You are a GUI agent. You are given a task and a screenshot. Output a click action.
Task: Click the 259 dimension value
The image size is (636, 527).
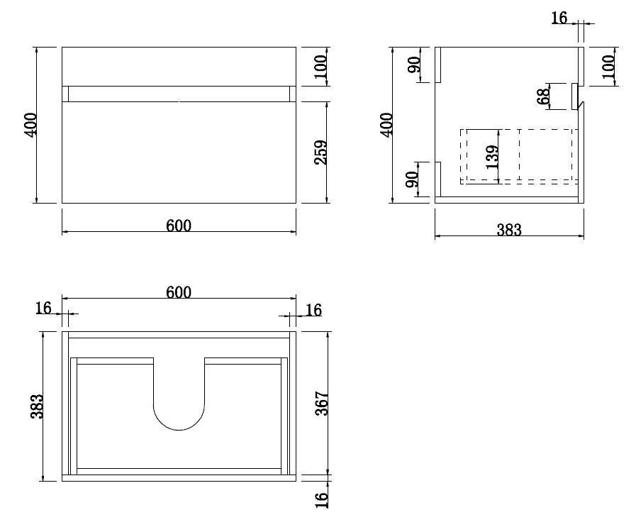coord(320,152)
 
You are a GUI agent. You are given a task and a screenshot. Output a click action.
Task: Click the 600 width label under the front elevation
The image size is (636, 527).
coord(179,226)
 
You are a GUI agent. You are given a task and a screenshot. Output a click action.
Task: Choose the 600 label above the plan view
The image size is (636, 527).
coord(179,292)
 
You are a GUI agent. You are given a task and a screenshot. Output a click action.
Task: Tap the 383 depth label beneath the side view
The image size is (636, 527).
coord(509,230)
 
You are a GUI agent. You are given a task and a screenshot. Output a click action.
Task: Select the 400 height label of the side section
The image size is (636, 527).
coord(387,125)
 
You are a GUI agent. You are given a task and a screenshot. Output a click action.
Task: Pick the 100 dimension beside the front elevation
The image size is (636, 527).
coord(320,67)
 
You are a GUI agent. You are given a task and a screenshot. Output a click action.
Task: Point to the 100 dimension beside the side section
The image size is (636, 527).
coord(608,67)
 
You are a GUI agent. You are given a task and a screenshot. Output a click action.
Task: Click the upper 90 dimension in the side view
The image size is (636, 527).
coord(413,65)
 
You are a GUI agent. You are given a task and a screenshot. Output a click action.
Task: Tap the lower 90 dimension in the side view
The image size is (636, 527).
coord(413,182)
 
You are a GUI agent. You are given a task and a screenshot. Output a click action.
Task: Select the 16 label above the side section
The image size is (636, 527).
coord(559,18)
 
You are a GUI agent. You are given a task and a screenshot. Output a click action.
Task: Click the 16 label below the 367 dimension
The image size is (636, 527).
coord(320,499)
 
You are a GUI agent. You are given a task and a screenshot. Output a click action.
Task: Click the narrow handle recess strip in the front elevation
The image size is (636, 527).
coord(179,94)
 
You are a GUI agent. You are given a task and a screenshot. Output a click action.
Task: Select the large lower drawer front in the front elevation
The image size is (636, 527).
coord(179,152)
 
